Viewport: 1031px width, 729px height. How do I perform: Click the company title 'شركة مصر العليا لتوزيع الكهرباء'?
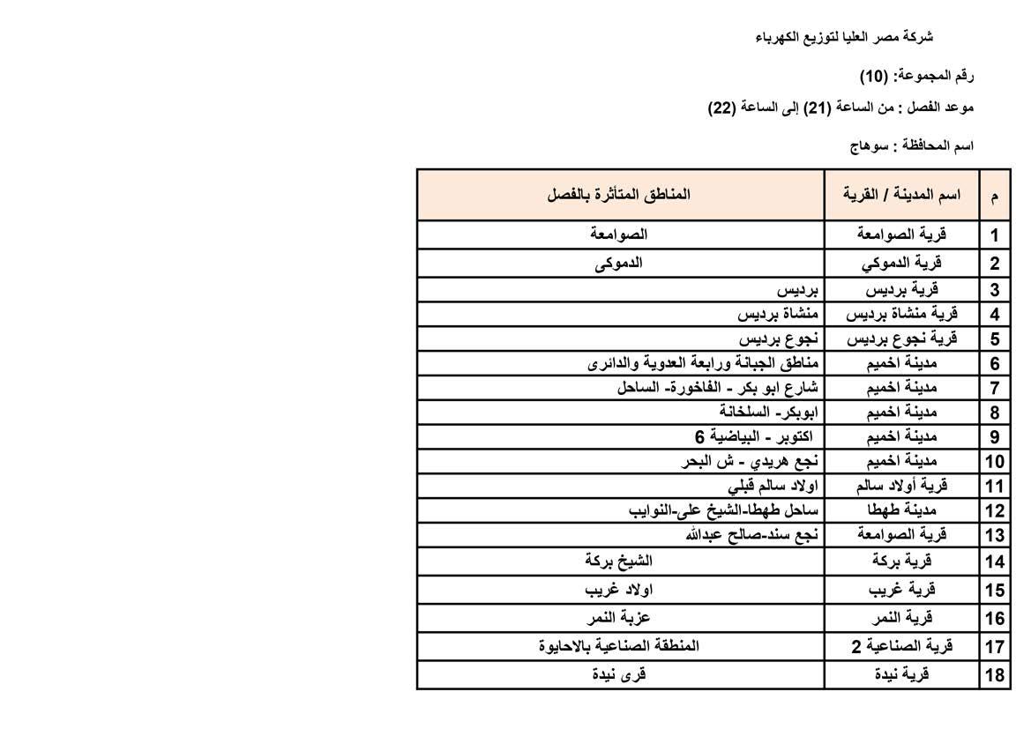(844, 37)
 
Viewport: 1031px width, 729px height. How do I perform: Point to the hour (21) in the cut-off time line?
(817, 108)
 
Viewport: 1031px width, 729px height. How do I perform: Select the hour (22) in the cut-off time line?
(721, 108)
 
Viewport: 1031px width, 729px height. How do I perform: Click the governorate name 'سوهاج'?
(867, 146)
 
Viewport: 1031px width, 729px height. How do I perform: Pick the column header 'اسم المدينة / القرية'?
(901, 195)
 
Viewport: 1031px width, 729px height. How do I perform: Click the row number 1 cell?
(994, 235)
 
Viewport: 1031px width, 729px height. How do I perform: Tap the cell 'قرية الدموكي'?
(901, 263)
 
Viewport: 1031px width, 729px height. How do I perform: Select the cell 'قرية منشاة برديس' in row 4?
(901, 314)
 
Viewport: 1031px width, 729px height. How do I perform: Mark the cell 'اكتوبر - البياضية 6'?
(757, 436)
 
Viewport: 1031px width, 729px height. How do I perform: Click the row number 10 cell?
(994, 461)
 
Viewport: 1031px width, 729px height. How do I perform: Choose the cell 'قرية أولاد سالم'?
(901, 486)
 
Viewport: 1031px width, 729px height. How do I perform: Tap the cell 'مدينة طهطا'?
(901, 510)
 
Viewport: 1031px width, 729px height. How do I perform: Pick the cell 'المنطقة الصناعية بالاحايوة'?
(618, 646)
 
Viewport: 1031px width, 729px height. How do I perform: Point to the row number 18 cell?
(994, 674)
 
